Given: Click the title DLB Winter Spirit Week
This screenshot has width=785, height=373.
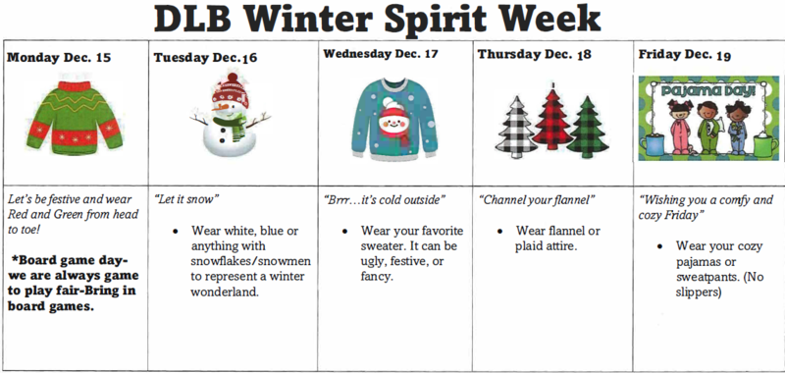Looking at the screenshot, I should coord(392,20).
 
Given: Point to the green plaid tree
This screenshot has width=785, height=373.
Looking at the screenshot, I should coord(587,133).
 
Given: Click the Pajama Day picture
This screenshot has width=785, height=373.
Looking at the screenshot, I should coord(706,119).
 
